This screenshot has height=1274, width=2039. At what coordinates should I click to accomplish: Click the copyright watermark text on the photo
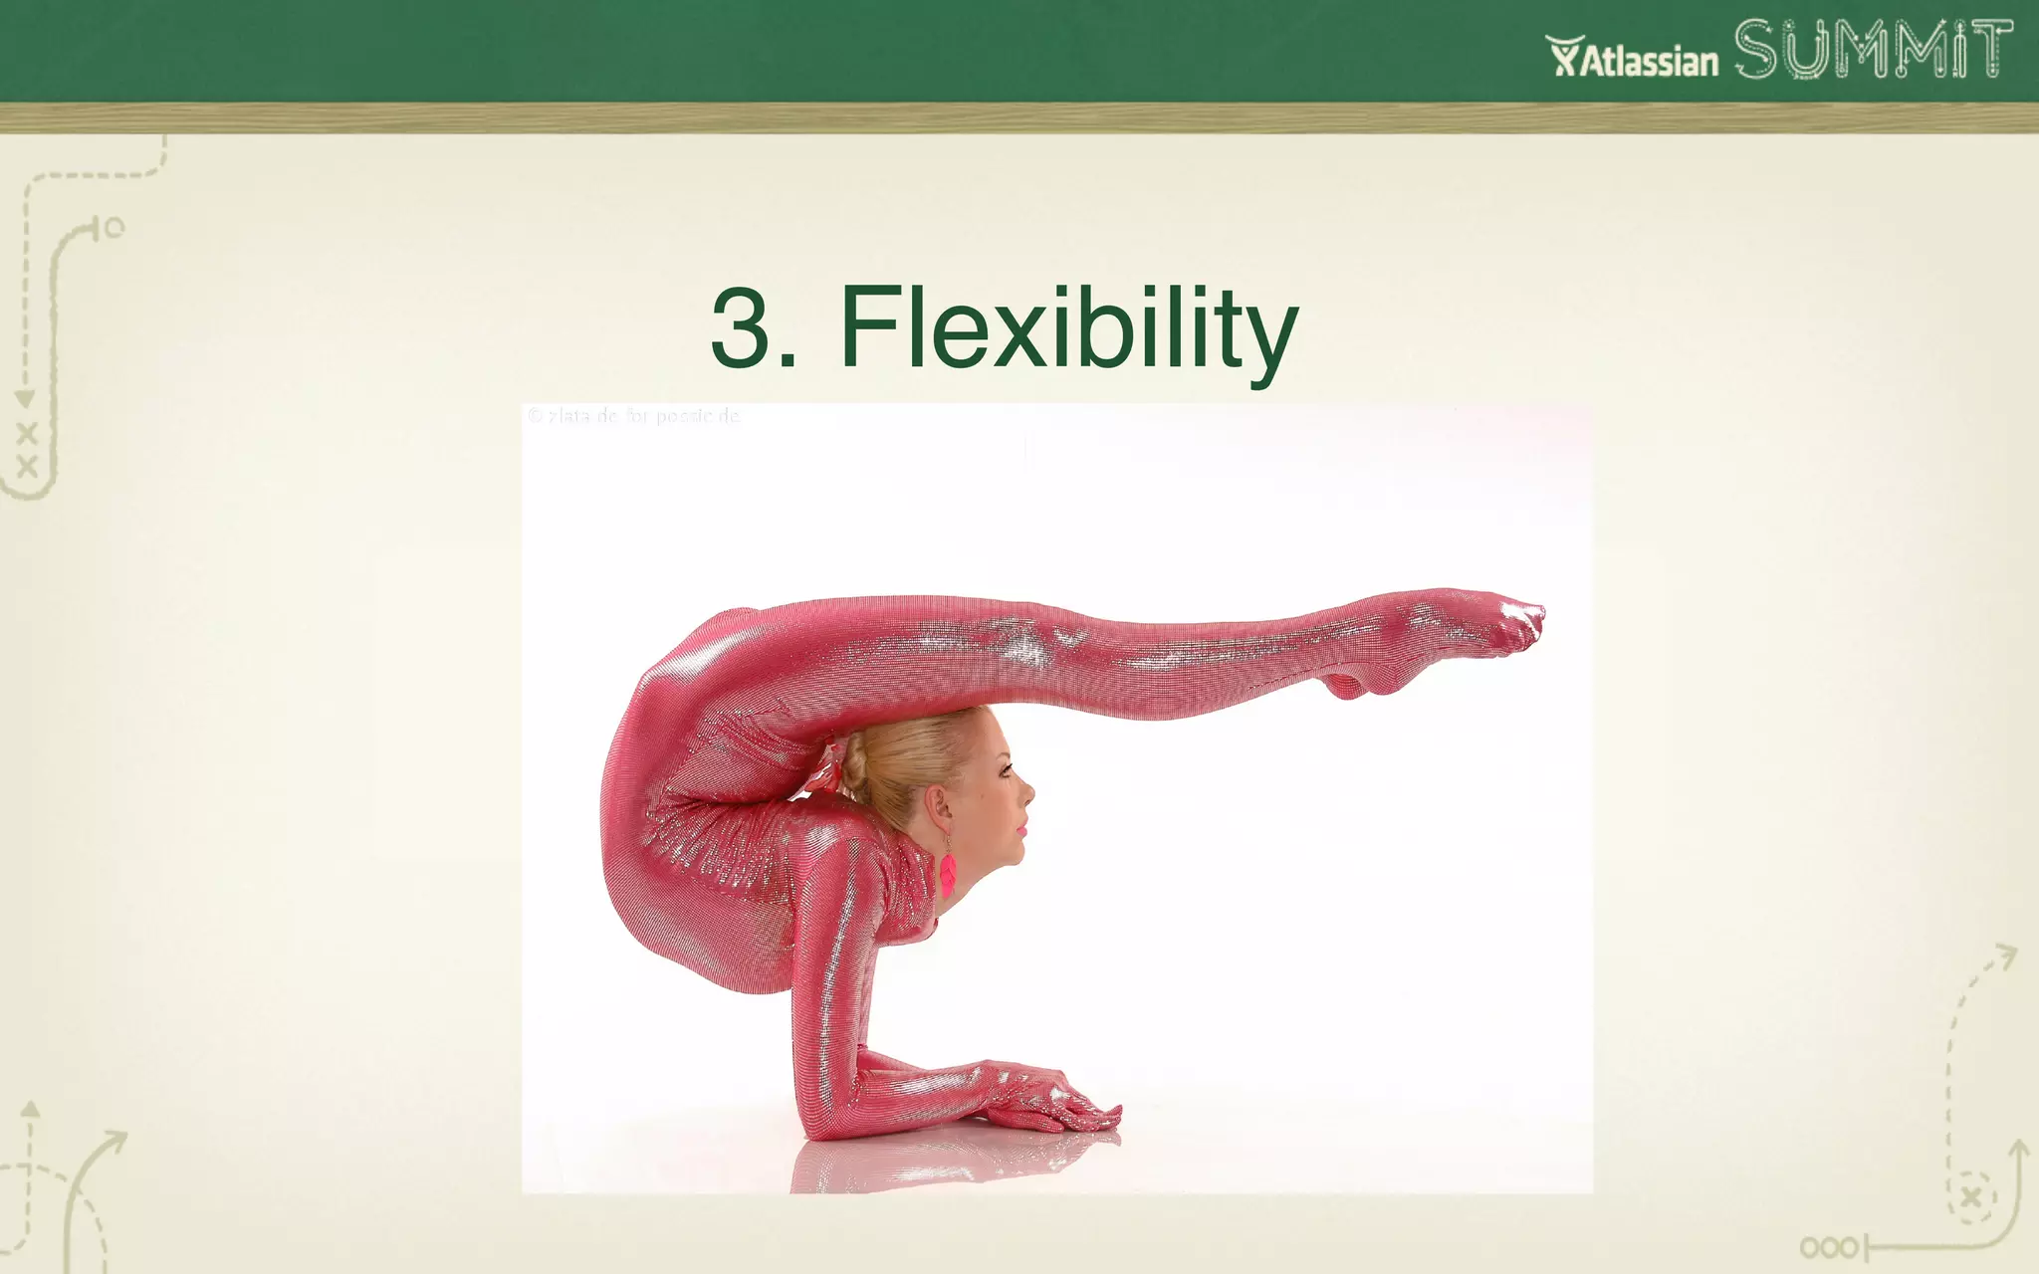click(x=634, y=416)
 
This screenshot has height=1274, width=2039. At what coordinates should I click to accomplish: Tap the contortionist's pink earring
click(x=948, y=874)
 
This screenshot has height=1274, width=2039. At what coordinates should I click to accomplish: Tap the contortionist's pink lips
click(x=1020, y=828)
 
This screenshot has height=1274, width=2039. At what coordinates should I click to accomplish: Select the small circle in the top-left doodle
click(x=114, y=228)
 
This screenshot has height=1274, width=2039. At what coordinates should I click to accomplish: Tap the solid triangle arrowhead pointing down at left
click(x=25, y=398)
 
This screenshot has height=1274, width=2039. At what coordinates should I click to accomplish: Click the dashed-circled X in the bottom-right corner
click(x=1971, y=1198)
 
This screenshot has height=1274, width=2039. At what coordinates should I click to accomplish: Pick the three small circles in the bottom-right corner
click(x=1828, y=1248)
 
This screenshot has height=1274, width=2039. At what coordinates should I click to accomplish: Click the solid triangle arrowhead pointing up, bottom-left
click(x=31, y=1109)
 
